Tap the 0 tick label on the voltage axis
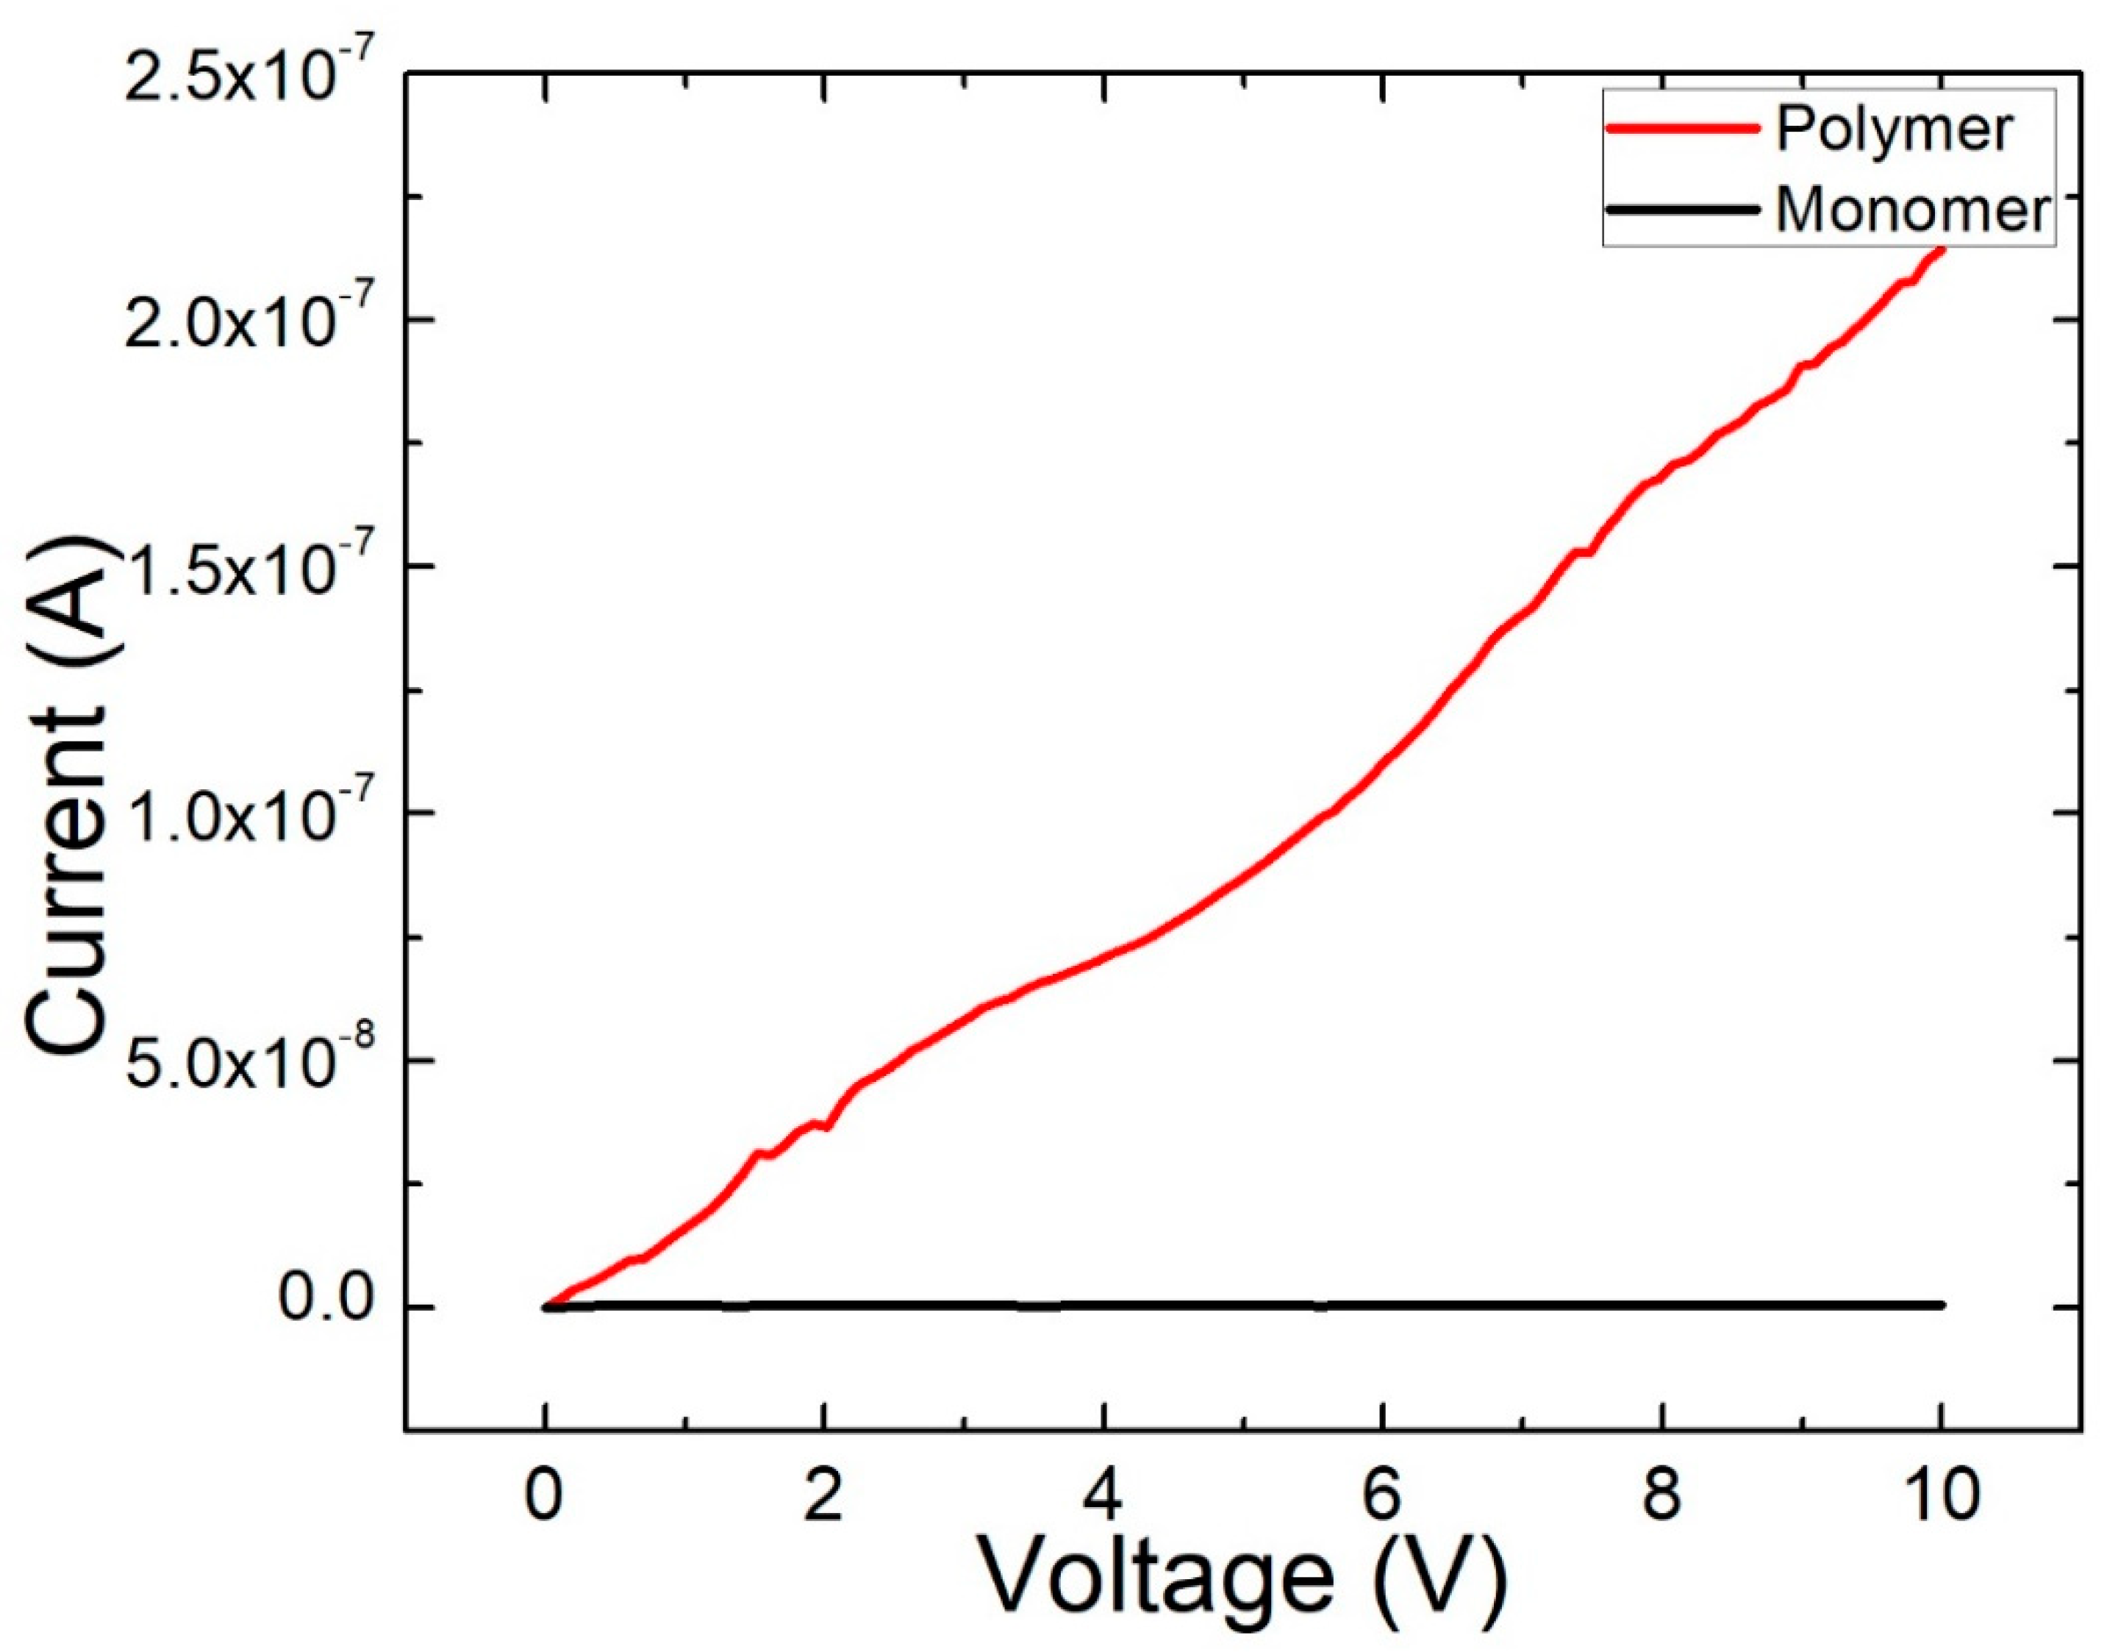(x=544, y=1495)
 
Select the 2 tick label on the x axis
(x=823, y=1495)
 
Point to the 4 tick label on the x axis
(x=1102, y=1495)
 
